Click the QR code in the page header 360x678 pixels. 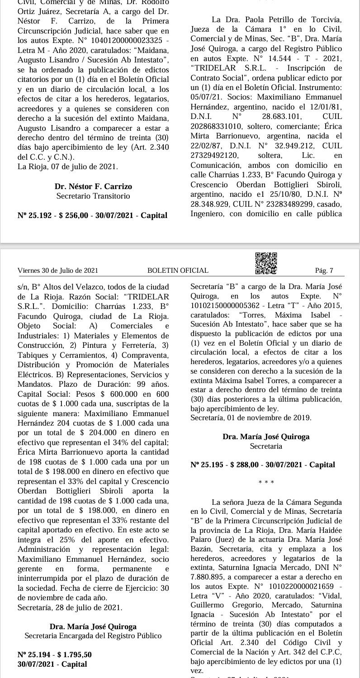(266, 263)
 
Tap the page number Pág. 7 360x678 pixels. (324, 270)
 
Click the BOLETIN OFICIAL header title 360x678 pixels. (178, 270)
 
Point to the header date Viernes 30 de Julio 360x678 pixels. (58, 270)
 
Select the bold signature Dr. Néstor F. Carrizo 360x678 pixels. (93, 186)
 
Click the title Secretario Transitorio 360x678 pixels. (93, 196)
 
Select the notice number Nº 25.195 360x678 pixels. (206, 465)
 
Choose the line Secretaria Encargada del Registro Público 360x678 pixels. (93, 636)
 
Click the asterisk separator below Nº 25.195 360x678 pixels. (266, 483)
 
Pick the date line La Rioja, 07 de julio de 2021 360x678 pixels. (67, 166)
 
